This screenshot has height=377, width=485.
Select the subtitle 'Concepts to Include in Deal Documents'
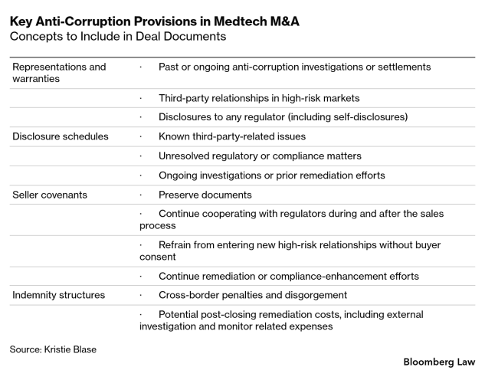tap(118, 37)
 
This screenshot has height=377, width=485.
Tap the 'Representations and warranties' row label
tap(59, 73)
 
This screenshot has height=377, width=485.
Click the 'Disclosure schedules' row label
tap(61, 136)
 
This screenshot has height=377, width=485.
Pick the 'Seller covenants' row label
tap(50, 195)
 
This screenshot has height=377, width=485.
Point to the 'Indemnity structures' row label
tap(59, 294)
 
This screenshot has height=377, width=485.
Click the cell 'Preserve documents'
tap(205, 195)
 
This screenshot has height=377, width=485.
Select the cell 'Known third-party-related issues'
tap(232, 136)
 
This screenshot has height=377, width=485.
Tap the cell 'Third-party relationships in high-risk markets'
tap(259, 98)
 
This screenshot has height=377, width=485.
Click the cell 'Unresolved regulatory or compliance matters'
tap(260, 156)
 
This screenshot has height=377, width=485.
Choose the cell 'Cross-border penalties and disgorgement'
tap(253, 294)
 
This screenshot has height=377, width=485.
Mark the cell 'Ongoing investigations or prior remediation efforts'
tap(272, 175)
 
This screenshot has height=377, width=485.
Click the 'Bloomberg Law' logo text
tap(439, 361)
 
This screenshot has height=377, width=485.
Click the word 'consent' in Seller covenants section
tap(158, 257)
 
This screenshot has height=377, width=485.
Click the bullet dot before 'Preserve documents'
tap(141, 195)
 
